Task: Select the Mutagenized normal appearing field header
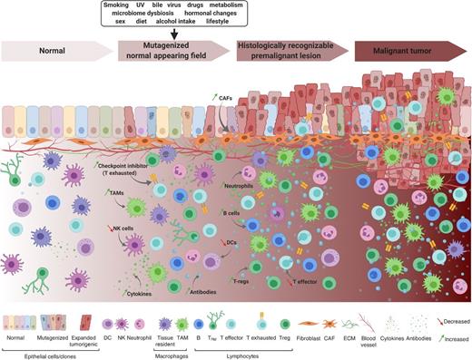coord(172,54)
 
